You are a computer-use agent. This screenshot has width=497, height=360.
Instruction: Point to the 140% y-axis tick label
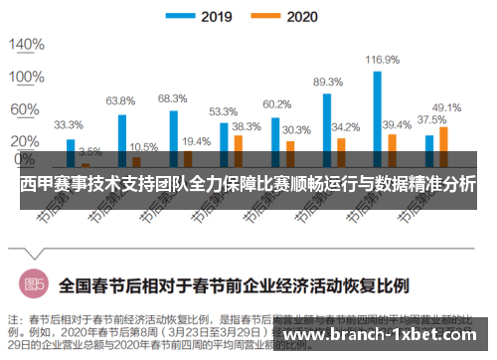coord(27,45)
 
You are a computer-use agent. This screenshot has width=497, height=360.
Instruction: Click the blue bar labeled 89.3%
coord(326,128)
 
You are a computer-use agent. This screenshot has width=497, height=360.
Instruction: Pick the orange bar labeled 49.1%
coord(442,145)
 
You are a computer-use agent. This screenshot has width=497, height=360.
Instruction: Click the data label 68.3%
coord(172,98)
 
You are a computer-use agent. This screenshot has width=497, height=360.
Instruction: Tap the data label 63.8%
coord(120,100)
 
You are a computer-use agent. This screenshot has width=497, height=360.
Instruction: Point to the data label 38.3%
coord(246,126)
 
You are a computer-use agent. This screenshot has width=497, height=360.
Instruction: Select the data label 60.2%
coord(276,103)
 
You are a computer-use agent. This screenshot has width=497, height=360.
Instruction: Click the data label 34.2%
coord(346,127)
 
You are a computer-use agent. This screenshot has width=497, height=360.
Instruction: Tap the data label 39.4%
coord(397,124)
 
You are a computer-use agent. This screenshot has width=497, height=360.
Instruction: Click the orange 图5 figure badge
coord(34,284)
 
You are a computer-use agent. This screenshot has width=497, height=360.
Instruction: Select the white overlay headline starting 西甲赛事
coord(248,184)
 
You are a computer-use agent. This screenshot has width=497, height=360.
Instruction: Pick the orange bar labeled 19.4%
coord(187,156)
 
